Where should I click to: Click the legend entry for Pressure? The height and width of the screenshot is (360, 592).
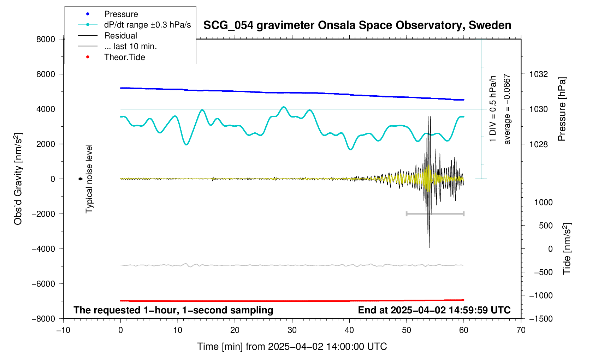121,14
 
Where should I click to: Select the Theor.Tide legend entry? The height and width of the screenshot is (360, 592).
124,57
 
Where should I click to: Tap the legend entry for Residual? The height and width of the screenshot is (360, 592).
120,36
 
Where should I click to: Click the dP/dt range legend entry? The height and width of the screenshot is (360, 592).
147,25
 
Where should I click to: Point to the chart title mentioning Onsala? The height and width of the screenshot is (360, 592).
357,25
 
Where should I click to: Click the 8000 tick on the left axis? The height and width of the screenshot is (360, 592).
46,39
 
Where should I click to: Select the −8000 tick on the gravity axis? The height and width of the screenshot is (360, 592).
44,319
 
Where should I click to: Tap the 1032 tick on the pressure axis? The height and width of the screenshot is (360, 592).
538,74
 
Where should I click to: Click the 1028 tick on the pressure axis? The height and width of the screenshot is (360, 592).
538,144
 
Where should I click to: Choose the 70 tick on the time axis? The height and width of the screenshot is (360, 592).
521,330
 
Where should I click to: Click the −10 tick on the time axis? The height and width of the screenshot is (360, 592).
63,330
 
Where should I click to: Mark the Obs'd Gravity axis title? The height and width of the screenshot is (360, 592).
18,179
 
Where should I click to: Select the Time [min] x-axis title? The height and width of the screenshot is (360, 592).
292,347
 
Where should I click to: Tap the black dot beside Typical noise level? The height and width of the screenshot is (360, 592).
80,179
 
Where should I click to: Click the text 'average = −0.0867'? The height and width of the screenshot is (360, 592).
507,109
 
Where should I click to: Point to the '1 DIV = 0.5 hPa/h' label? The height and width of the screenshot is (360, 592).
493,109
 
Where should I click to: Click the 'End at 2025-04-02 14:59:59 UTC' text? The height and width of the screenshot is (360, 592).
434,310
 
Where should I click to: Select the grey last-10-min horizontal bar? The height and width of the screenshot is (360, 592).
435,214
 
